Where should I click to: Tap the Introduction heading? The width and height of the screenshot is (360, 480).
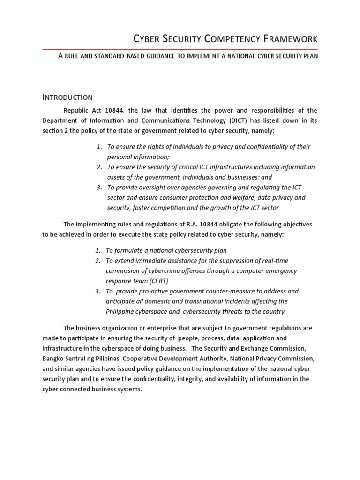(67, 97)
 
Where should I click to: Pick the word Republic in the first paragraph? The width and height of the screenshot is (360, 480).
(76, 110)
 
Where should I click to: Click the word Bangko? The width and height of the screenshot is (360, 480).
(53, 359)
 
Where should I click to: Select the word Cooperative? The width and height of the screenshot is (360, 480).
(135, 359)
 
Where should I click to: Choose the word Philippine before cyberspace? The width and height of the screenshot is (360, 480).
(122, 312)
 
